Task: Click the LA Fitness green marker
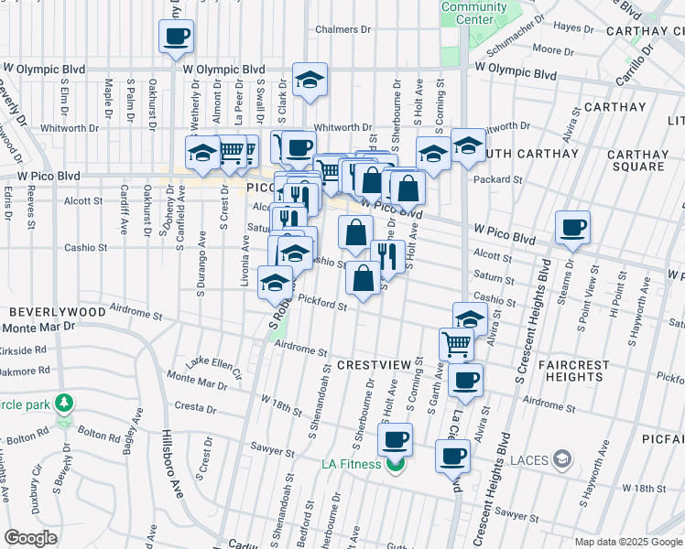(x=396, y=465)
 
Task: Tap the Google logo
(x=30, y=538)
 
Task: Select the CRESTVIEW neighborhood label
(x=375, y=364)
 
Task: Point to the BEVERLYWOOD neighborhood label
(x=55, y=312)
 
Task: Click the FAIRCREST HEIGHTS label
(x=573, y=371)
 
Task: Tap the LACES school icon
(x=564, y=458)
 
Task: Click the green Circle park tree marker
(x=63, y=403)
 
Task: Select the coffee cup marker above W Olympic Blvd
(x=176, y=37)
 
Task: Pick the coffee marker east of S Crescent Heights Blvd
(x=572, y=228)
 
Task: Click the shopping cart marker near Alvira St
(x=457, y=344)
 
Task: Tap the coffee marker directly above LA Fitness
(x=396, y=440)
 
